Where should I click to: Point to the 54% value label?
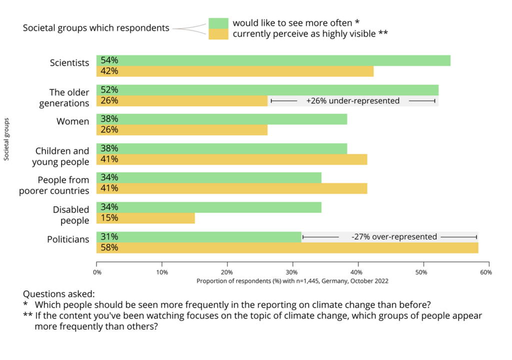(109, 60)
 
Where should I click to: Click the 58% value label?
(109, 247)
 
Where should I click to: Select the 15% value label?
(109, 218)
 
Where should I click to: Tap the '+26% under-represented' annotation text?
(353, 101)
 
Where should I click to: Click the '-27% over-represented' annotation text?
(394, 236)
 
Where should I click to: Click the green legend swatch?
(218, 23)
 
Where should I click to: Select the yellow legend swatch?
(218, 34)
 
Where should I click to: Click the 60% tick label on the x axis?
(486, 272)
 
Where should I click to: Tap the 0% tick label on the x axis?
(97, 272)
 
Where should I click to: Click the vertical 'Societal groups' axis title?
(7, 139)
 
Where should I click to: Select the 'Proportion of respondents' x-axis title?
(292, 281)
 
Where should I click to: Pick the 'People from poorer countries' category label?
(54, 185)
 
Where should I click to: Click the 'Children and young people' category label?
(60, 156)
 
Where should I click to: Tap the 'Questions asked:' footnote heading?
(58, 294)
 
